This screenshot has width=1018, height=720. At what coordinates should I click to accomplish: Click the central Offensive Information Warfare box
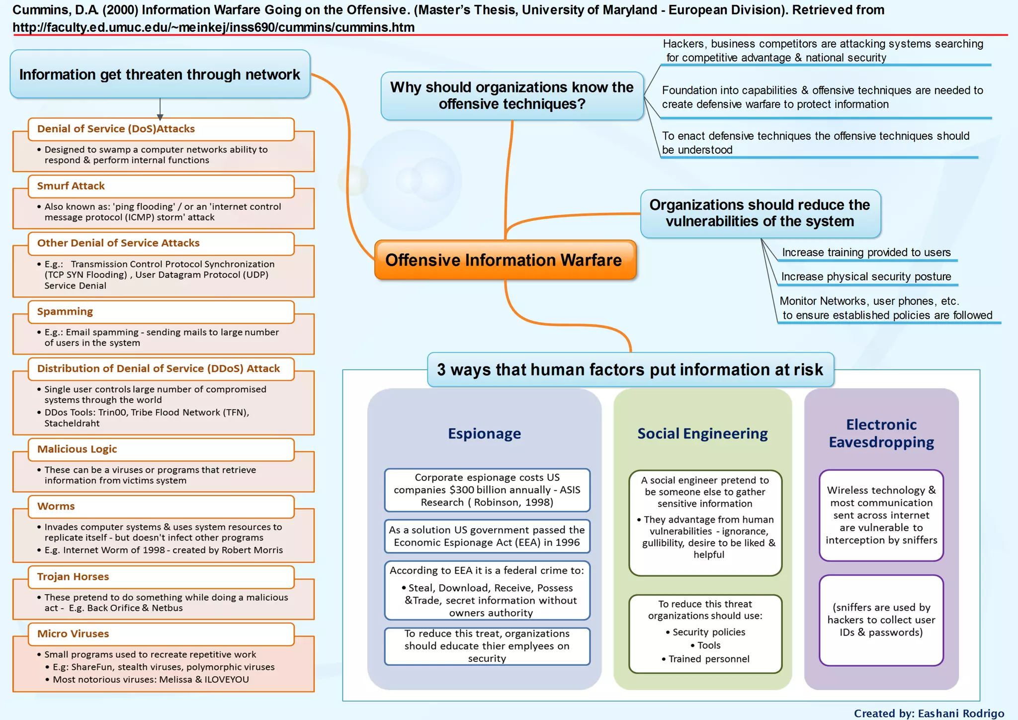click(505, 260)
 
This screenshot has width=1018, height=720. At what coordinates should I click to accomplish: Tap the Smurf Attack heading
click(71, 186)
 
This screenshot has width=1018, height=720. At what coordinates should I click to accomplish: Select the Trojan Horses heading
click(73, 577)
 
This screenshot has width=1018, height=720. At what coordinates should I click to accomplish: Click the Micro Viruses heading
click(73, 634)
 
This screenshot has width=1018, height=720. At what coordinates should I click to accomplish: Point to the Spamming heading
click(65, 312)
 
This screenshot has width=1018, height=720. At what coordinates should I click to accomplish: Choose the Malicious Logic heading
click(77, 450)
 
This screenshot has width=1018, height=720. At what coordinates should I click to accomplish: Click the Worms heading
click(56, 507)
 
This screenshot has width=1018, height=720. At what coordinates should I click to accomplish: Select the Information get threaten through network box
click(160, 75)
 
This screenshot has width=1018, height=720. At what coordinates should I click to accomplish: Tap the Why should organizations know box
click(512, 95)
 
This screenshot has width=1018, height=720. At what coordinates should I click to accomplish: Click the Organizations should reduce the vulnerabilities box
click(760, 213)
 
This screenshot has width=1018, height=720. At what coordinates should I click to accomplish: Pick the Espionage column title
click(484, 434)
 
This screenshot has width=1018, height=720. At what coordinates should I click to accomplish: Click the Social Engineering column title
click(702, 434)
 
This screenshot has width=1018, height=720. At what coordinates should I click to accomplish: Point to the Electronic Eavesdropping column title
click(881, 433)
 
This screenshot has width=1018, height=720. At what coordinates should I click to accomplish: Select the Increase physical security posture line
click(866, 277)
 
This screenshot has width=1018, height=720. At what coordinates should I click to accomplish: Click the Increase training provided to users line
click(866, 253)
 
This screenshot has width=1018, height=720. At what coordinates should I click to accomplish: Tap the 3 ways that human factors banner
click(630, 370)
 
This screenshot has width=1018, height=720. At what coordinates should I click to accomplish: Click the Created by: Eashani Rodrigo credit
click(929, 713)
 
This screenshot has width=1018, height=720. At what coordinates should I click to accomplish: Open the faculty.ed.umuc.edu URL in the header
click(214, 27)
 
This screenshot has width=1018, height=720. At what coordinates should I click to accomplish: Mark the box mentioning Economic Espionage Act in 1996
click(487, 536)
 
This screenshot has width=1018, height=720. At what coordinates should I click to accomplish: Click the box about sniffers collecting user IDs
click(881, 620)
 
